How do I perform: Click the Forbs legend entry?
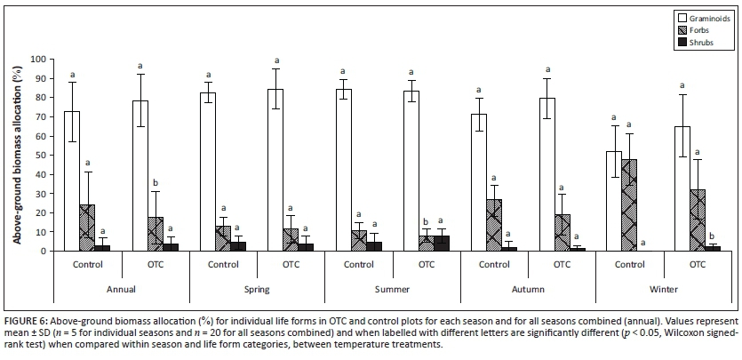(693, 28)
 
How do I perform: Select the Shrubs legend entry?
(695, 42)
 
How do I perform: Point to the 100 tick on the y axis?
(38, 59)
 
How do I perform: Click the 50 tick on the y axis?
(41, 155)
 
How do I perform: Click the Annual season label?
(122, 288)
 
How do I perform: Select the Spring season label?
(257, 288)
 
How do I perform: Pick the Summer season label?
(392, 288)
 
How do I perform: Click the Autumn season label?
(528, 288)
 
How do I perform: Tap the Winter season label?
(663, 288)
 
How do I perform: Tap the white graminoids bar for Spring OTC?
(276, 170)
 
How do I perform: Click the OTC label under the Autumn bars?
(562, 264)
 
